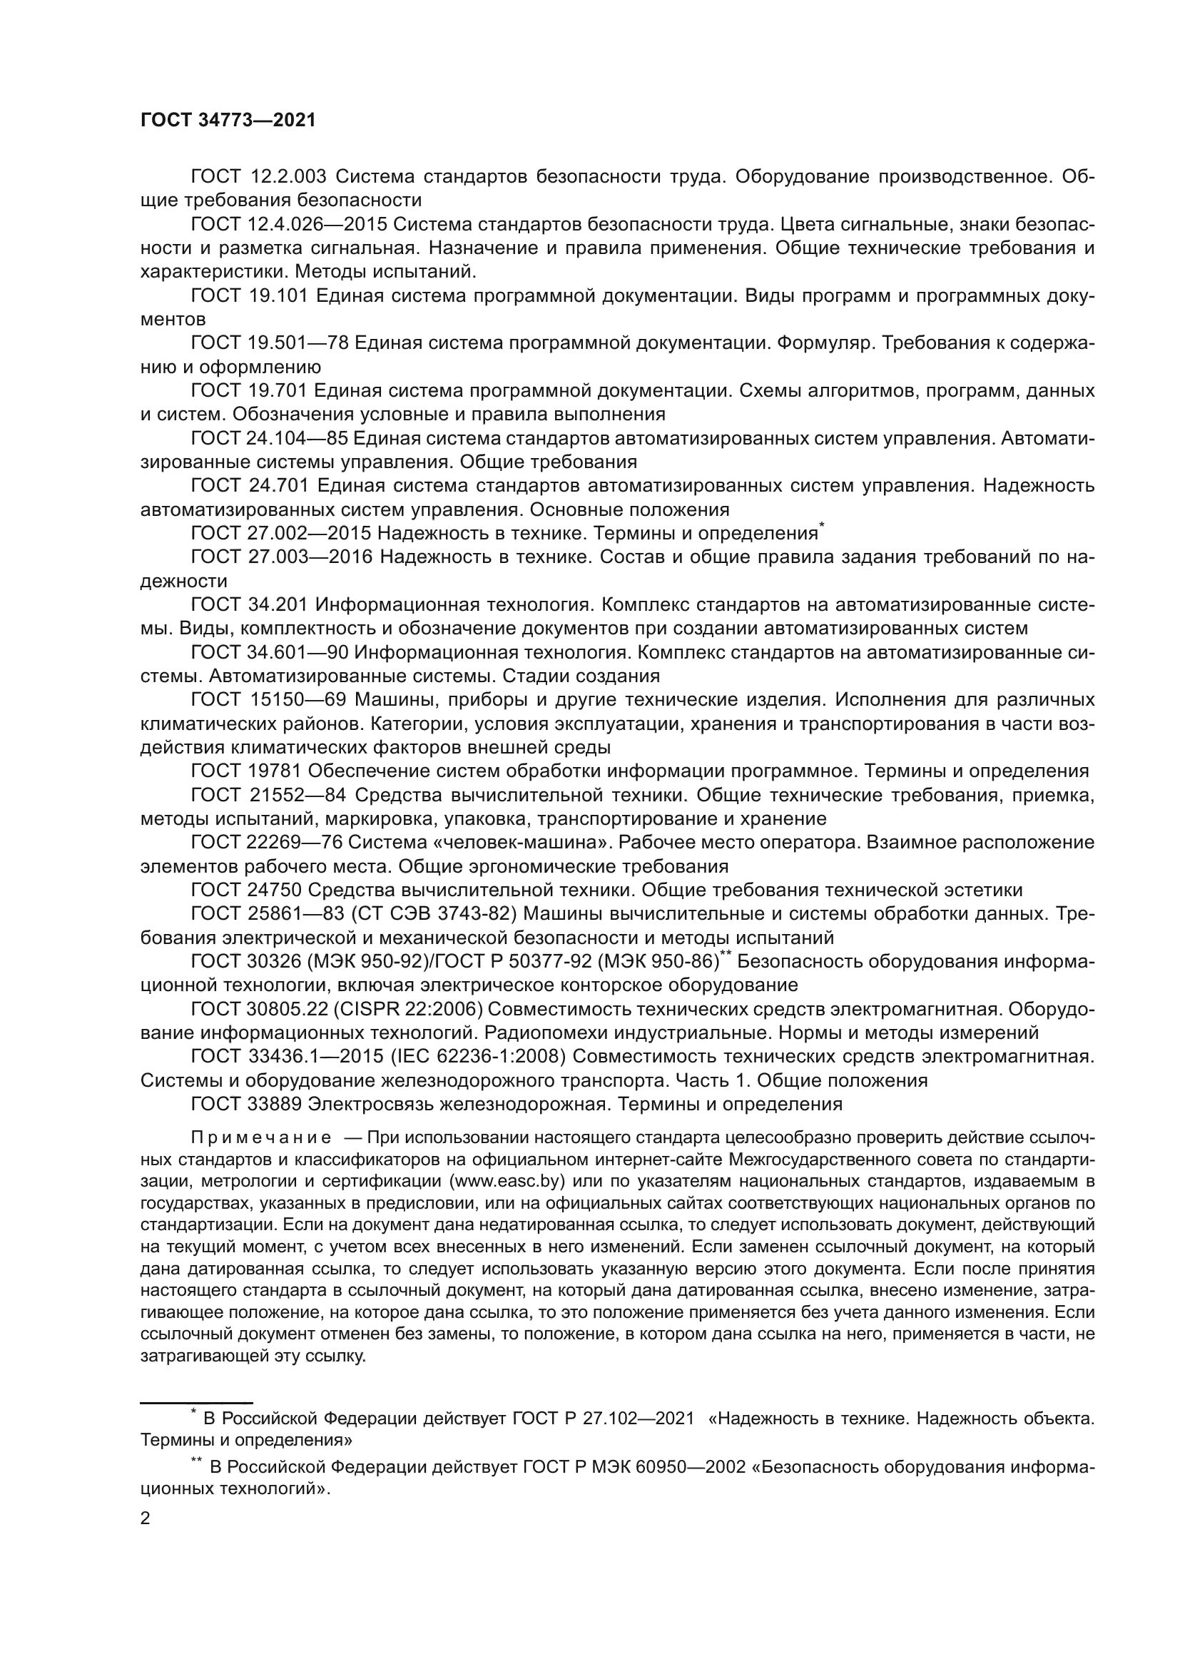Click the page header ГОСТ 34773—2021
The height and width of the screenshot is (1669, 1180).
click(228, 120)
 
